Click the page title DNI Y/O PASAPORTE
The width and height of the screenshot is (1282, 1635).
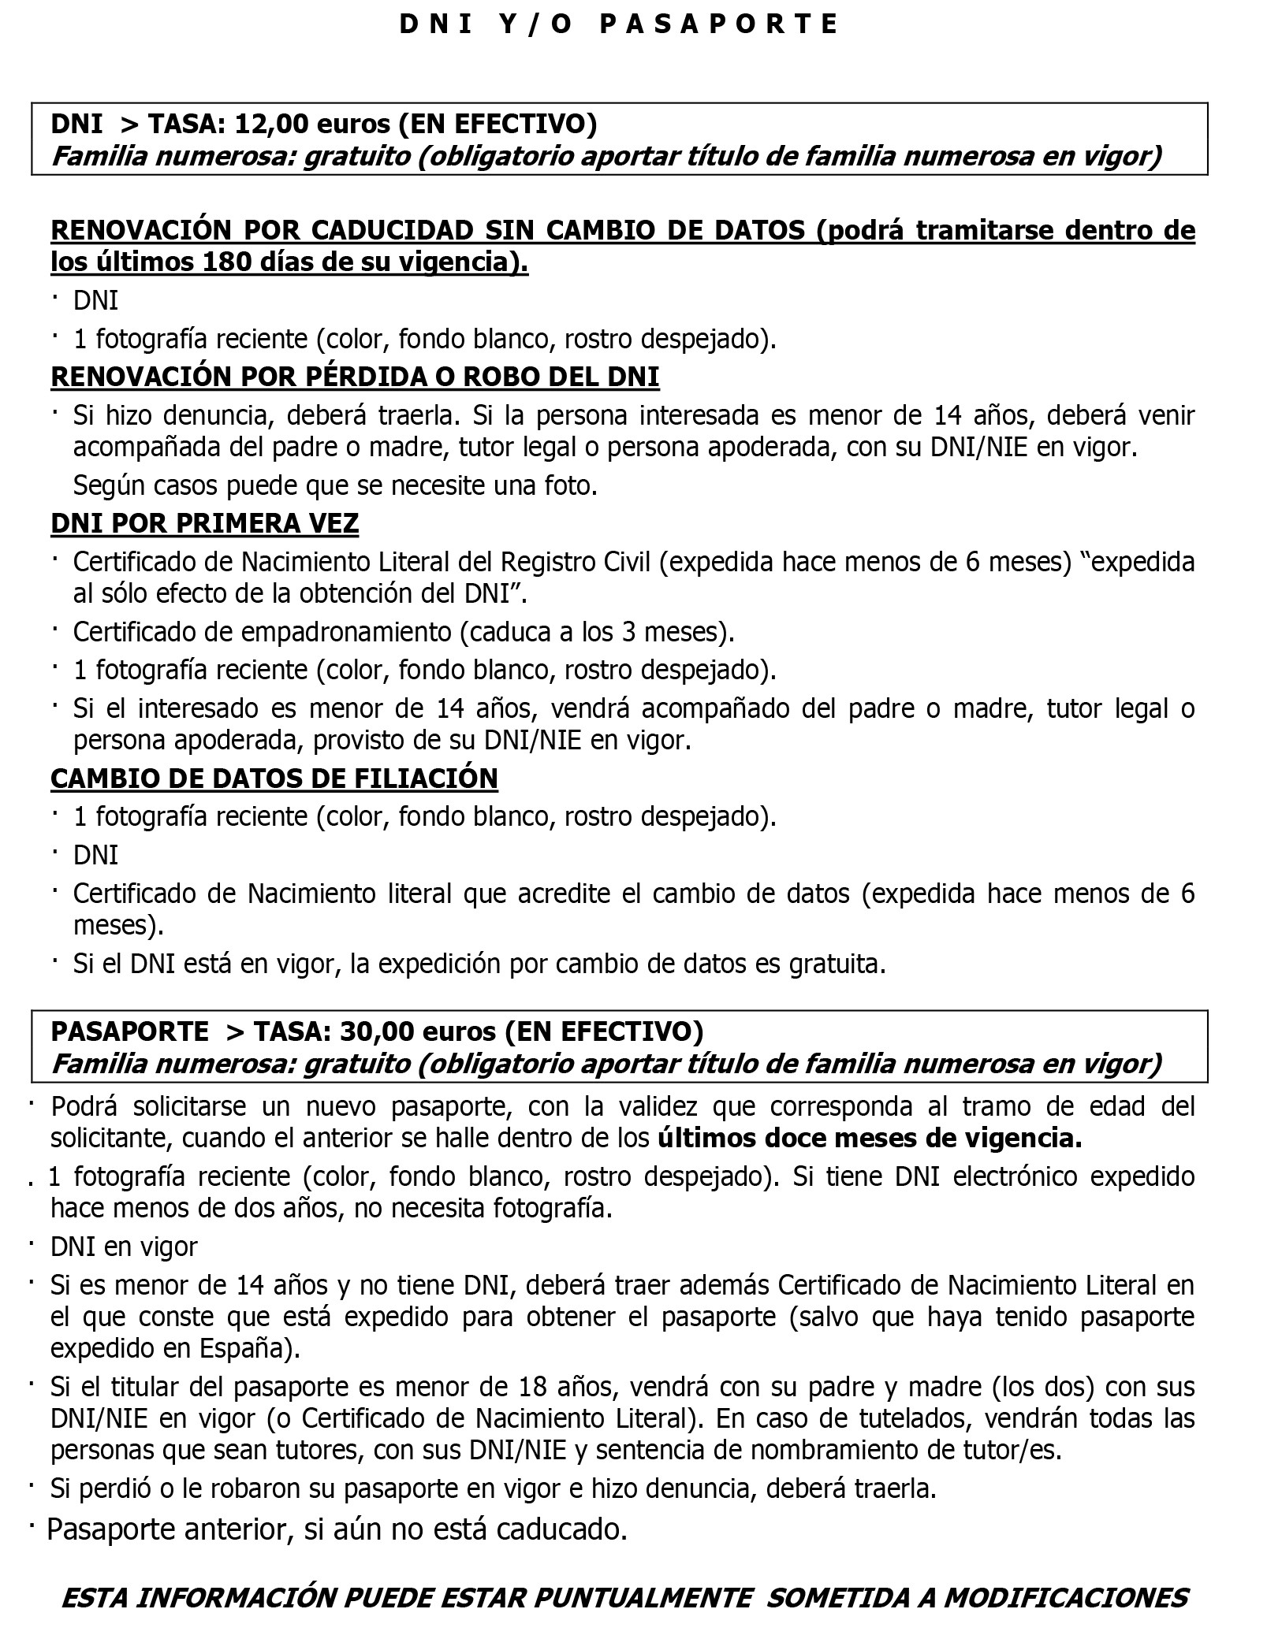[619, 25]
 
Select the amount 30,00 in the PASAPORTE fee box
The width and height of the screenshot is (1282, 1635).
[376, 1031]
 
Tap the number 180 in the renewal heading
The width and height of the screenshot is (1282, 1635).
[226, 262]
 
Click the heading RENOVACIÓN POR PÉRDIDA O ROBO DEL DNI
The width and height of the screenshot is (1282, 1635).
[355, 377]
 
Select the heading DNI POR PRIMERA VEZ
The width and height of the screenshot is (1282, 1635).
[204, 524]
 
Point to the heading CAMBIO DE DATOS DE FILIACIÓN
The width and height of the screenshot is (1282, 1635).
[274, 778]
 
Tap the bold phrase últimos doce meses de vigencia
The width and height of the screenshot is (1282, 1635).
[870, 1139]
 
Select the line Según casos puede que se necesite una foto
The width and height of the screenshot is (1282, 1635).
[335, 485]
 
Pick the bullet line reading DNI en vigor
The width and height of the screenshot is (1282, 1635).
[124, 1247]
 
